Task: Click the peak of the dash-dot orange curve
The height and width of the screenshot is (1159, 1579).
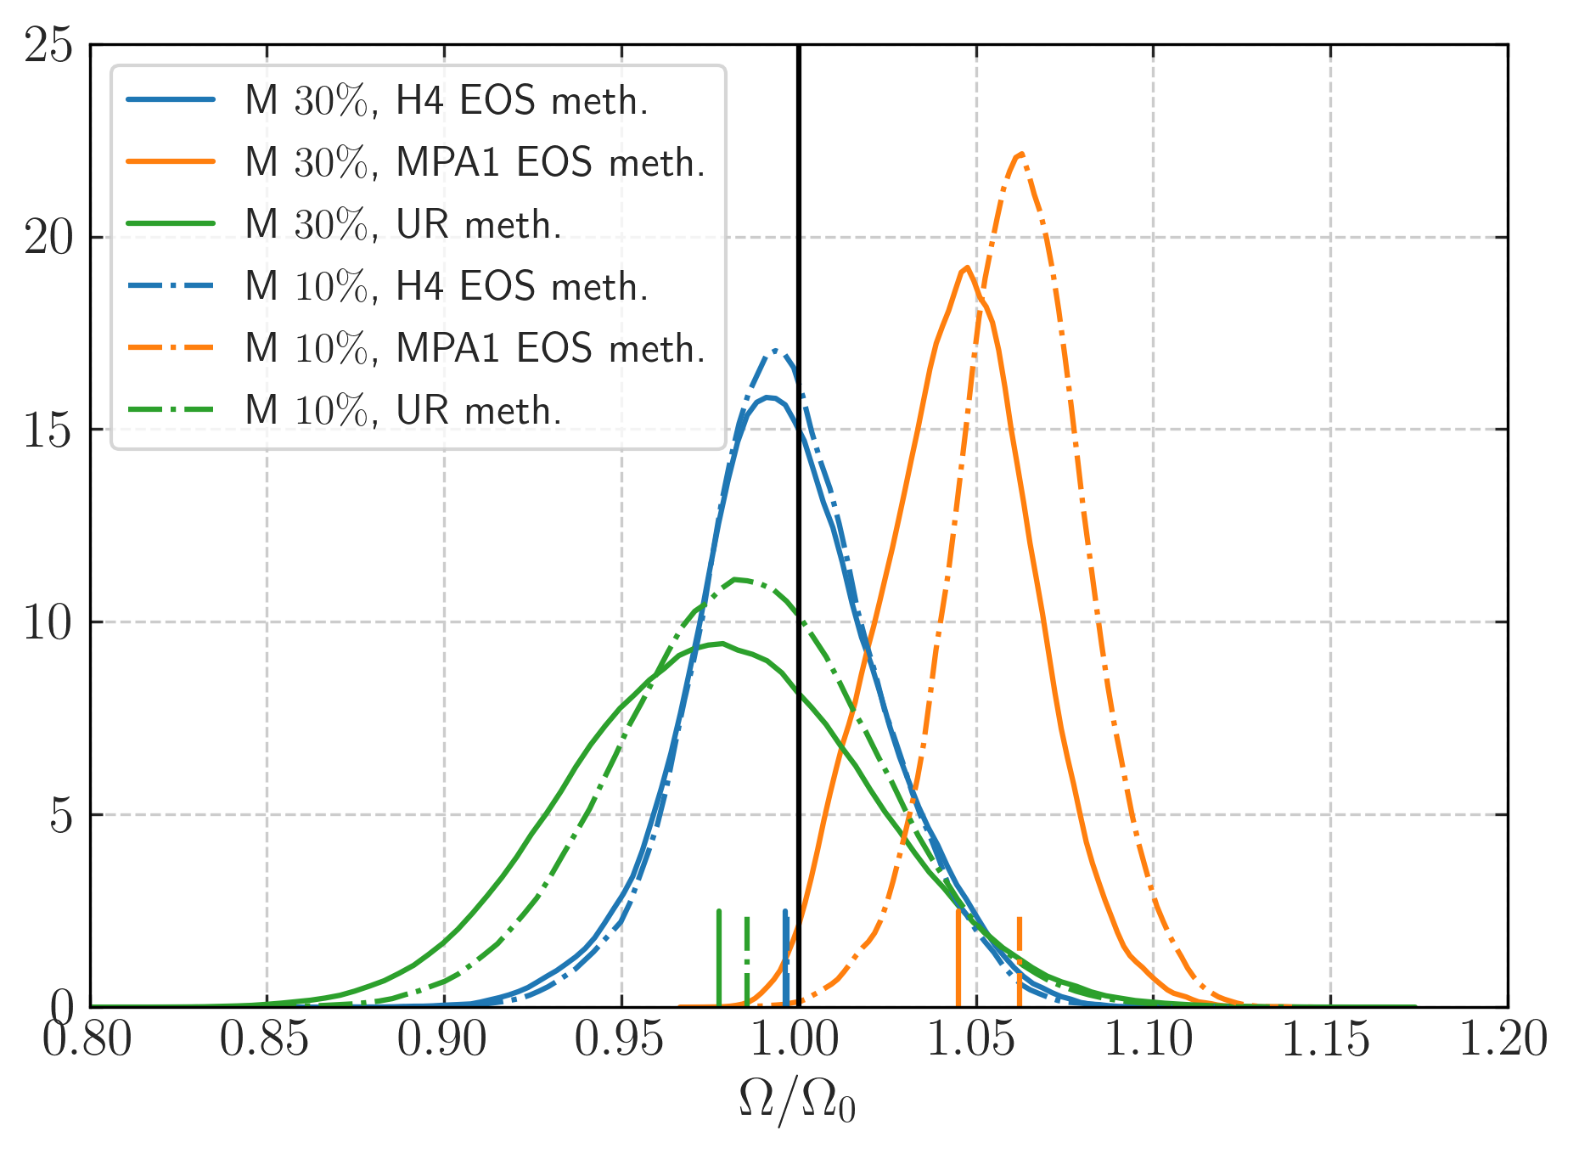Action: pyautogui.click(x=1021, y=154)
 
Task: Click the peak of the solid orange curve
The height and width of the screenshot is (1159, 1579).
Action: pyautogui.click(x=967, y=267)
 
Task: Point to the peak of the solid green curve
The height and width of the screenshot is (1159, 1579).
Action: pyautogui.click(x=722, y=644)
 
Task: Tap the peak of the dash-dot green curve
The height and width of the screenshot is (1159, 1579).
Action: pyautogui.click(x=735, y=579)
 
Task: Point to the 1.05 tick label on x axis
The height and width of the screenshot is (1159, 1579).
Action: pyautogui.click(x=975, y=1040)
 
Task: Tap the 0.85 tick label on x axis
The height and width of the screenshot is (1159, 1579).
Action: pyautogui.click(x=266, y=1040)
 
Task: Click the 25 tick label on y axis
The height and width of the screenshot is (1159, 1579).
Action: pyautogui.click(x=49, y=45)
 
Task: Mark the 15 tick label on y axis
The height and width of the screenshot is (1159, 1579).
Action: pyautogui.click(x=49, y=430)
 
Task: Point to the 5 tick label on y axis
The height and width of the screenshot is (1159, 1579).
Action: pyautogui.click(x=61, y=816)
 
